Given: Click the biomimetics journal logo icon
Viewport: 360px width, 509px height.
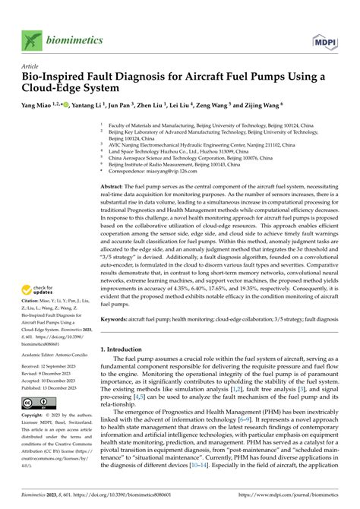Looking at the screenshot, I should (x=30, y=40).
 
